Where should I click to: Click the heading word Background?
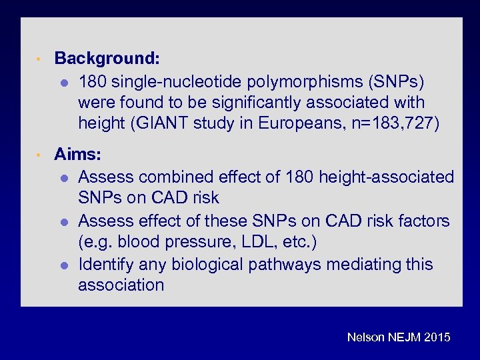(x=107, y=58)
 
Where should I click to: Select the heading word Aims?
(x=78, y=155)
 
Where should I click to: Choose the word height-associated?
(x=386, y=177)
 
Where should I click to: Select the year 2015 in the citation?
(x=436, y=338)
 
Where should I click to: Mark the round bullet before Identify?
(x=63, y=265)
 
